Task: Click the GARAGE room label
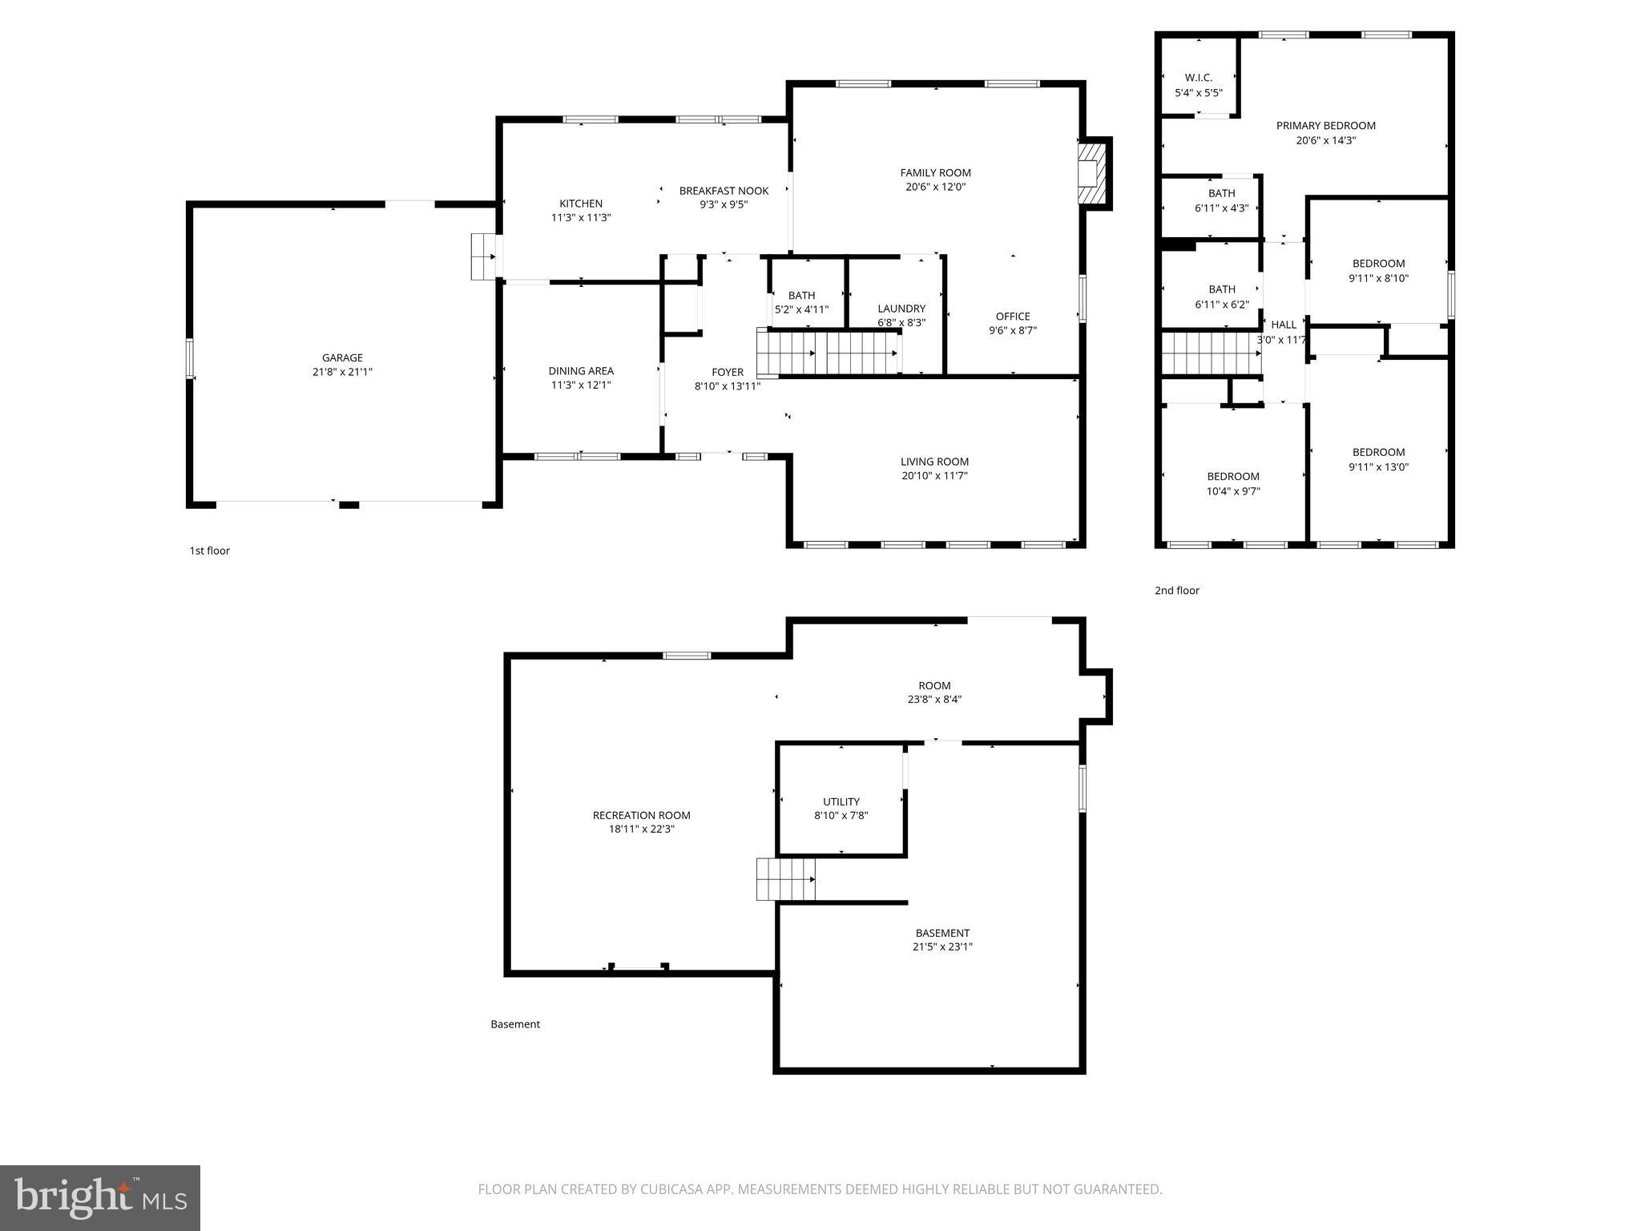tap(342, 358)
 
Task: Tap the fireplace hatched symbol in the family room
tap(1091, 174)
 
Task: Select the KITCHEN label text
tap(581, 204)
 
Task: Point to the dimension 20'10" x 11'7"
tap(934, 475)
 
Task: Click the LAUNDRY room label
tap(901, 309)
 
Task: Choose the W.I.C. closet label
tap(1199, 78)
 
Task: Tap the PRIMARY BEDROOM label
tap(1325, 126)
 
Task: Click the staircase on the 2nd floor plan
tap(1211, 353)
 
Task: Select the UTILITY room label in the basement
tap(841, 801)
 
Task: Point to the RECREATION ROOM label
tap(641, 815)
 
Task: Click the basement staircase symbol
tap(786, 878)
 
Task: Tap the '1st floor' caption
tap(210, 551)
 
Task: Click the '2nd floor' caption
tap(1176, 591)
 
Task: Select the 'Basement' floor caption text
tap(515, 1024)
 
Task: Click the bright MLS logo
tap(100, 1197)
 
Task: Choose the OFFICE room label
tap(1013, 317)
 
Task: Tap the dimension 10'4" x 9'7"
tap(1233, 491)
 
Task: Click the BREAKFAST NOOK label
tap(724, 191)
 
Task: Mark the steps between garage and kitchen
tap(484, 256)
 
